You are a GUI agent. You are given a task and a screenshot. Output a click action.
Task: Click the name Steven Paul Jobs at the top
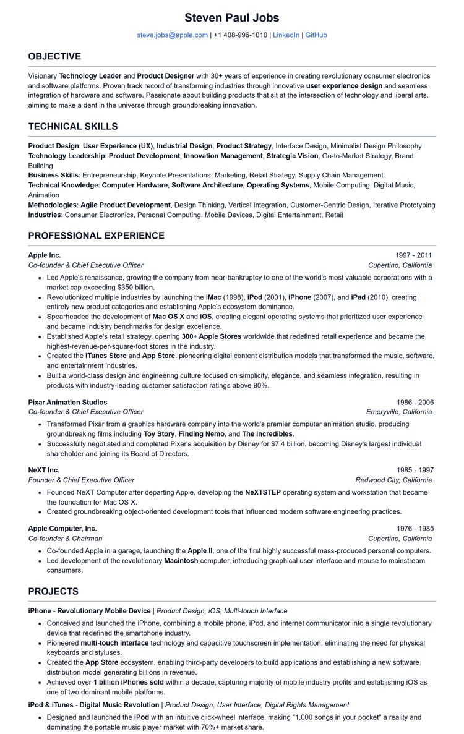[232, 17]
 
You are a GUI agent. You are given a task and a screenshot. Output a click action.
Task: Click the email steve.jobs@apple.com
[173, 35]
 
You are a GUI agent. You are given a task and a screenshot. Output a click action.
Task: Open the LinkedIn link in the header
[286, 35]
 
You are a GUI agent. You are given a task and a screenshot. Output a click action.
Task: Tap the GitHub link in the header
[316, 35]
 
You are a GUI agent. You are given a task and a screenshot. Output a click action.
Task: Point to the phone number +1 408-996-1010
[240, 35]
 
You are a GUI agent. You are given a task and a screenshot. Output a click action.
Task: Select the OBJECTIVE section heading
[54, 56]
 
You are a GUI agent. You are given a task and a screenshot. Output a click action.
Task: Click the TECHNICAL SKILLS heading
[73, 127]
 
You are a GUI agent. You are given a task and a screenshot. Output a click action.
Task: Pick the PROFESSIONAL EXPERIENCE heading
[97, 236]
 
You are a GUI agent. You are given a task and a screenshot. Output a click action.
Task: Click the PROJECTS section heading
[53, 592]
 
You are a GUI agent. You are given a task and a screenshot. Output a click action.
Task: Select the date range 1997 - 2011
[413, 255]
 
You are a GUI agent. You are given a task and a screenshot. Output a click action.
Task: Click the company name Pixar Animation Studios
[67, 403]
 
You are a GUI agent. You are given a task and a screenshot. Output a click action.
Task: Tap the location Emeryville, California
[399, 412]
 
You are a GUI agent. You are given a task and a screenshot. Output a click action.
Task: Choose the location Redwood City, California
[393, 480]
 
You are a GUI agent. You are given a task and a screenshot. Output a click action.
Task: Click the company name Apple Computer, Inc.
[62, 529]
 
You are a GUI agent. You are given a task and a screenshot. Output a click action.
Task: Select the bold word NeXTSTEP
[263, 493]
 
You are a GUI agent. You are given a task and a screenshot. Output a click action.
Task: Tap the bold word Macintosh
[181, 561]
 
